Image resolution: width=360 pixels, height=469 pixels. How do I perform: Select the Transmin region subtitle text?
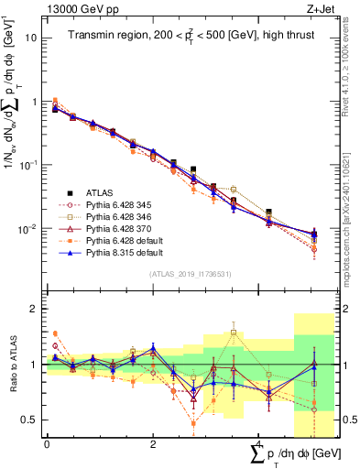click(x=184, y=36)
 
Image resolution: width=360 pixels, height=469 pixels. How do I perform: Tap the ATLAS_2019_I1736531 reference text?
click(x=184, y=274)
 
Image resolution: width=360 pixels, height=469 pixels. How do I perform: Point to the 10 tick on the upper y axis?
click(x=31, y=38)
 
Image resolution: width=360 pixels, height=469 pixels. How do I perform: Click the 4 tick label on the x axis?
click(x=259, y=444)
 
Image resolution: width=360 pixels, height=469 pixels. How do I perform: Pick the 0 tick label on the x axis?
click(x=47, y=444)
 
